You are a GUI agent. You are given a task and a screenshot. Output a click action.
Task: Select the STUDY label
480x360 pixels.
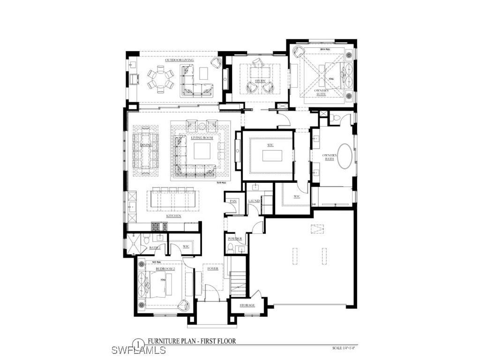click(x=260, y=81)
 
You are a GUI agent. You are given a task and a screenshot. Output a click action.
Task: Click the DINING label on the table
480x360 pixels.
click(x=146, y=145)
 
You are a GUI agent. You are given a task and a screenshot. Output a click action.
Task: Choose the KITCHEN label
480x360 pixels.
click(x=173, y=216)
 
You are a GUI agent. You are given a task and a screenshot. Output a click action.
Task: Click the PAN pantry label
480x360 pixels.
click(x=233, y=201)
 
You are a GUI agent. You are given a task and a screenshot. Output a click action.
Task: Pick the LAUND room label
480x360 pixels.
click(x=254, y=201)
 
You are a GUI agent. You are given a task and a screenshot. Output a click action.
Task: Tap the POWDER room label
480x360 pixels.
click(x=234, y=239)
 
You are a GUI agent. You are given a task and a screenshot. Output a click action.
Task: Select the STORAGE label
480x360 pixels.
click(x=247, y=305)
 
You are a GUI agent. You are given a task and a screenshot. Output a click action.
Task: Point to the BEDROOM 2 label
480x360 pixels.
click(x=165, y=269)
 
